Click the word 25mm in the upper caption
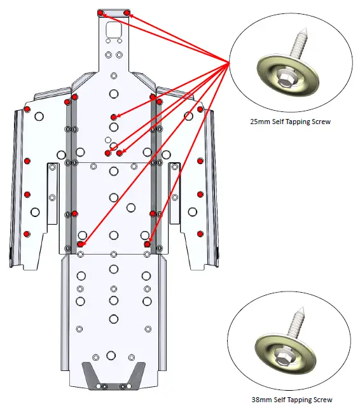260,122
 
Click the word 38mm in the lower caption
261,400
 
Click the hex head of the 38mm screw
280,354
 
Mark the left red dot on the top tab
100,13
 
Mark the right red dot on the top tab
127,13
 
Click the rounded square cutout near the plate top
113,29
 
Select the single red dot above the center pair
113,117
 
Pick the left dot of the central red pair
108,153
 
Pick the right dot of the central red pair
120,153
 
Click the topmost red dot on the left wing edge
27,109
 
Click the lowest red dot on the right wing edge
200,234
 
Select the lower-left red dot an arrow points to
80,244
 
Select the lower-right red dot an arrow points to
147,244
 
